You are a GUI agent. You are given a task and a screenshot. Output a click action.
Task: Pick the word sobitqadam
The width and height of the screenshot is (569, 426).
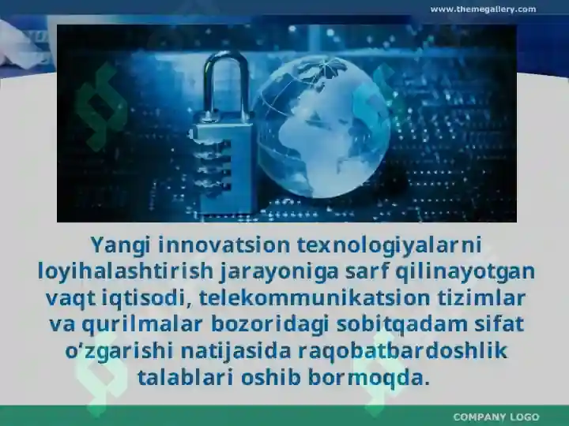(x=390, y=324)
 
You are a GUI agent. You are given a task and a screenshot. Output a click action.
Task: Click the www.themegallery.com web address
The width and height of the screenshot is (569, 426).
(x=483, y=9)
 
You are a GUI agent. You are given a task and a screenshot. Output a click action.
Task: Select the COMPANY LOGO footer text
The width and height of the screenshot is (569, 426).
(x=496, y=417)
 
